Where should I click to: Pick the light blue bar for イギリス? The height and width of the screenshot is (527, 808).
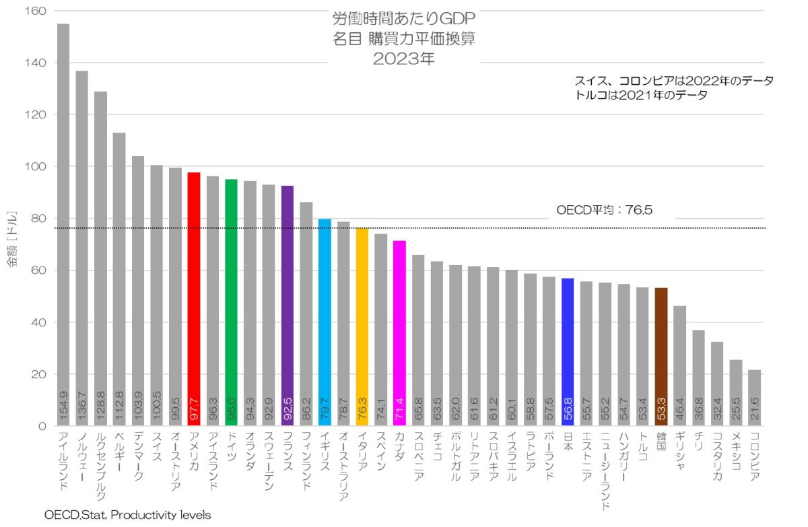325,322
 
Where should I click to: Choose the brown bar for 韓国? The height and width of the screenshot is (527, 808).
661,357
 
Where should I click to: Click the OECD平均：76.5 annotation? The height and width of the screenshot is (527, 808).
605,210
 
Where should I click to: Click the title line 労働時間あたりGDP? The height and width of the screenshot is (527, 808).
404,18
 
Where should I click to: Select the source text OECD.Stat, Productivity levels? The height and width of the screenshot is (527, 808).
128,516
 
